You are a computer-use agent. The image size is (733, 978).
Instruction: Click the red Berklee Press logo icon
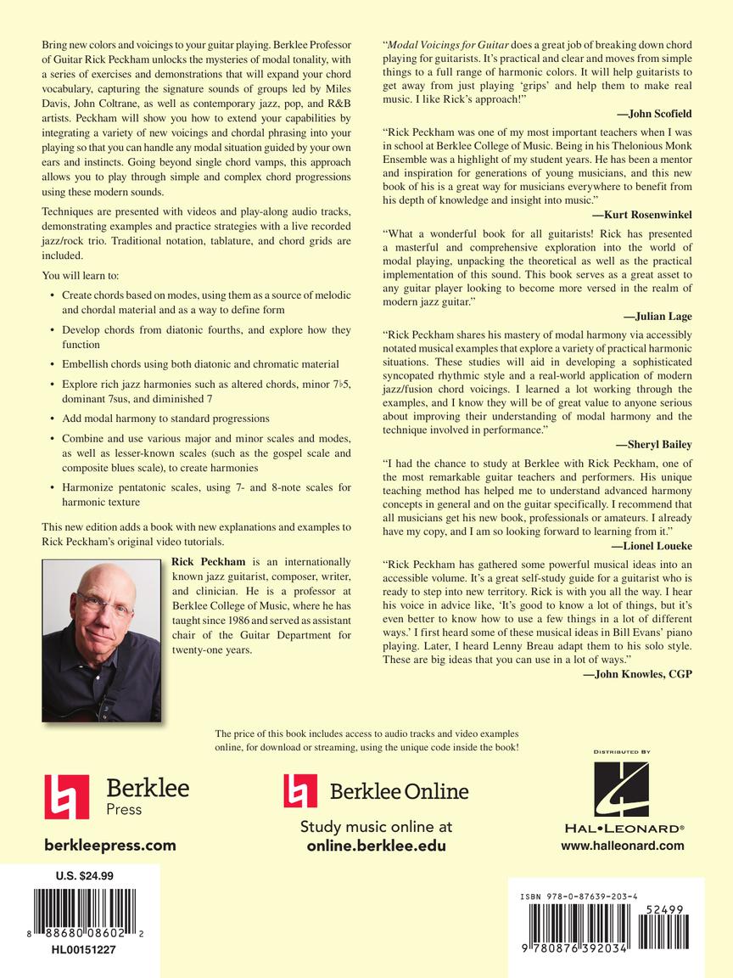point(66,796)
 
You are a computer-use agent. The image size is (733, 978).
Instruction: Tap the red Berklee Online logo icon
point(300,790)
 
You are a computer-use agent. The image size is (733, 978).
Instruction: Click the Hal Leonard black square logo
point(622,789)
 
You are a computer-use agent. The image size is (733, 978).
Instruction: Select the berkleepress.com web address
point(110,845)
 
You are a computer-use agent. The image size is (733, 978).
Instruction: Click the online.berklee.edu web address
point(376,846)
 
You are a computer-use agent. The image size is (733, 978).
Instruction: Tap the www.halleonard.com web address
point(622,846)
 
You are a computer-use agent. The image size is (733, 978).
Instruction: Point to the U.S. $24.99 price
point(84,876)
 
